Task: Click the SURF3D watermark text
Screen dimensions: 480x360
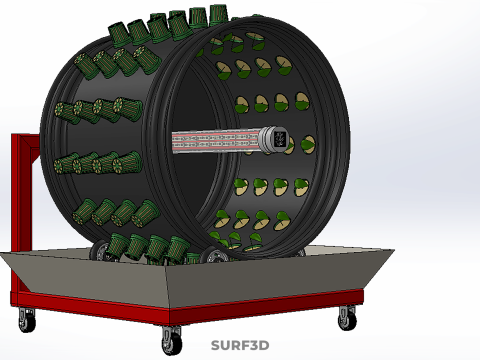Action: coord(240,345)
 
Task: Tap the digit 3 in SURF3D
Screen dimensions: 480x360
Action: coord(252,345)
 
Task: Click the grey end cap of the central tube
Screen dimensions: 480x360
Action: coord(271,140)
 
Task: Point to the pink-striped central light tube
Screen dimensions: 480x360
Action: coord(216,142)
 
